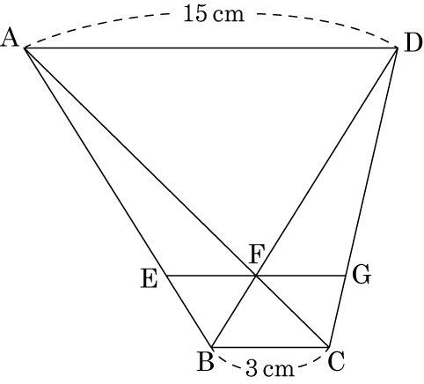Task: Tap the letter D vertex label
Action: point(413,44)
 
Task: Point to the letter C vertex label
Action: point(336,362)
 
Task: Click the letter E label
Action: point(150,279)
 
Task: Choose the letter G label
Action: point(362,275)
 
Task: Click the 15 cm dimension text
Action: point(214,14)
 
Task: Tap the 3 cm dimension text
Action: point(270,369)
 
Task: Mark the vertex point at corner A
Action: point(25,48)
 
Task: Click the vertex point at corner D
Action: point(398,48)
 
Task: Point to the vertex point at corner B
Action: point(211,347)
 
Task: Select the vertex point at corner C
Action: point(329,347)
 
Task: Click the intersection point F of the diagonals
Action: point(256,276)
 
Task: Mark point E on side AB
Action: point(166,276)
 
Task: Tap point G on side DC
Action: point(346,276)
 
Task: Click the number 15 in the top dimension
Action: point(194,14)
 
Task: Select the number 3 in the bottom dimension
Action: point(251,369)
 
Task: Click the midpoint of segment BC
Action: point(270,347)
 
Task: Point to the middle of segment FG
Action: point(301,276)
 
